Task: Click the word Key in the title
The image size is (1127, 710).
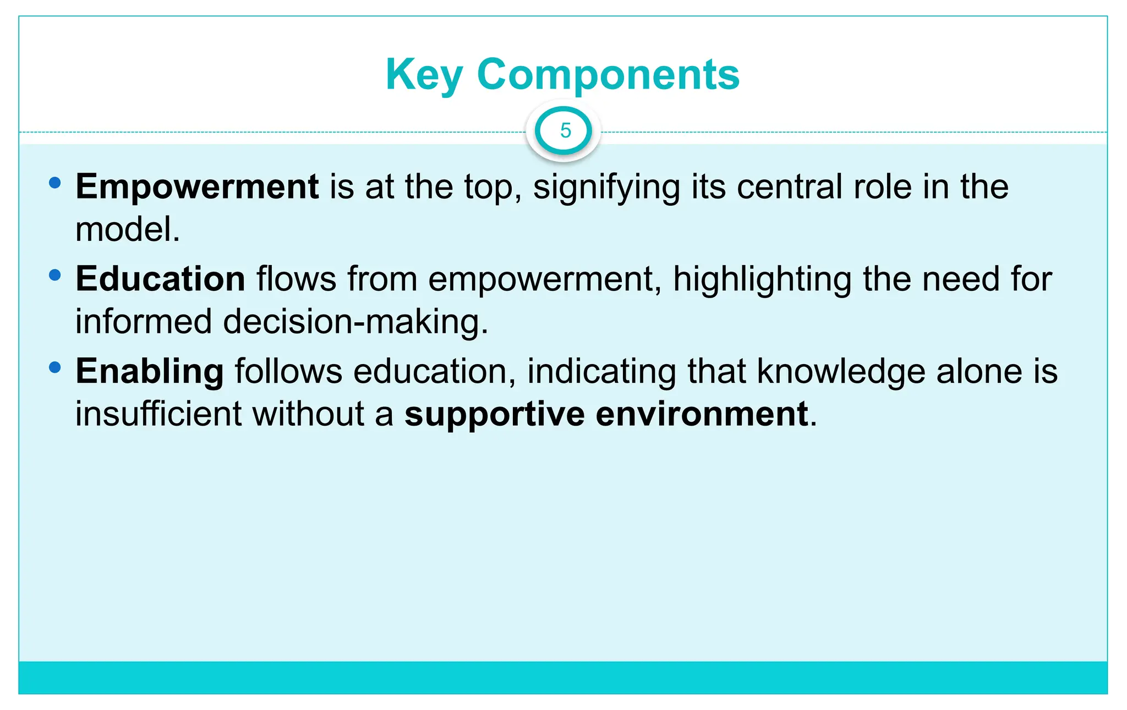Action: coord(424,75)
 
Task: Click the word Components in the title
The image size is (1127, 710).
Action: coord(608,74)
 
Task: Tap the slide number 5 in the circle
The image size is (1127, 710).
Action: coord(565,131)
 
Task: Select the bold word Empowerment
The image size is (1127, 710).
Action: coord(197,187)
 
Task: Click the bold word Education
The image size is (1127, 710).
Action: coord(160,279)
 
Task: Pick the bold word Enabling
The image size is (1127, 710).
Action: coord(150,371)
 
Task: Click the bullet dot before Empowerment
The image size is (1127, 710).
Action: coord(54,183)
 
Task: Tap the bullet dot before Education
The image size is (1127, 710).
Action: coord(54,275)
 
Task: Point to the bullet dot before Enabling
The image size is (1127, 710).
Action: coord(54,367)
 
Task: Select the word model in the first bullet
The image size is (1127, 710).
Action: coord(123,230)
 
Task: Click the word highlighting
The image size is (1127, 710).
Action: coord(762,280)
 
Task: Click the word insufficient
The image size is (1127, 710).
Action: coord(158,414)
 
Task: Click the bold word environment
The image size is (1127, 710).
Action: coord(702,414)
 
